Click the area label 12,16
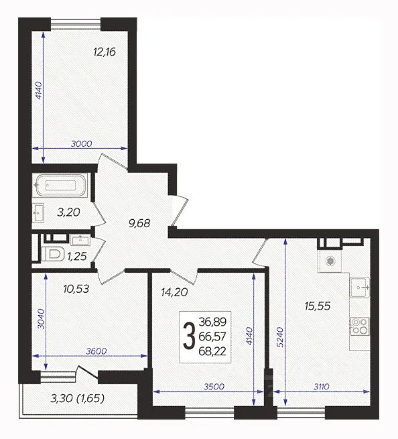tap(105, 52)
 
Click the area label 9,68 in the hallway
tap(139, 223)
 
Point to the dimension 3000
tap(81, 144)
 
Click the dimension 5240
tap(281, 337)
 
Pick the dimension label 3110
tap(321, 387)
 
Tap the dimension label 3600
tap(96, 351)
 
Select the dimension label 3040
tap(41, 319)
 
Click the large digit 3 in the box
tap(189, 336)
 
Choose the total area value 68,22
tap(212, 351)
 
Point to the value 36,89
tap(212, 322)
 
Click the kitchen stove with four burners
tap(359, 326)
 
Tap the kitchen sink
tap(360, 288)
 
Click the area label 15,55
tap(318, 306)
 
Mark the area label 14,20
tap(174, 293)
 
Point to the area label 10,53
tap(76, 289)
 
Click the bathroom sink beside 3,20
tap(38, 212)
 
